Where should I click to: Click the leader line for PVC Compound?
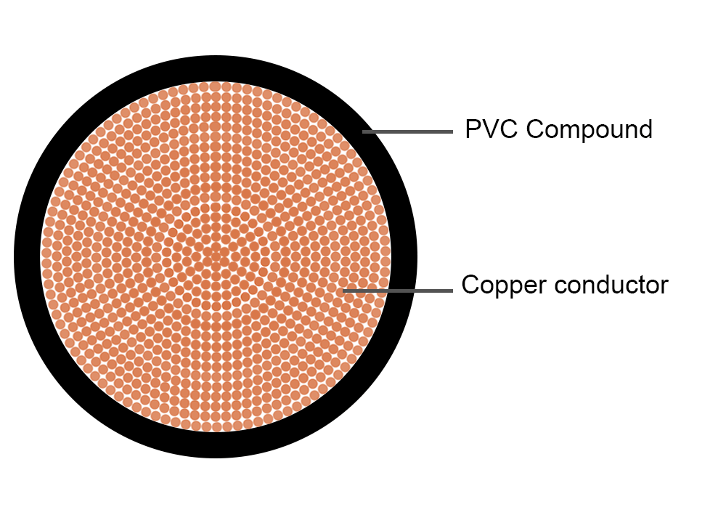tap(407, 131)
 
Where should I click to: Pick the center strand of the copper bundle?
tap(216, 256)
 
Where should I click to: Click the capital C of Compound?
tap(534, 129)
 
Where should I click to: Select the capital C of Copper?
tap(470, 285)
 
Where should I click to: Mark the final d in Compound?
tap(645, 129)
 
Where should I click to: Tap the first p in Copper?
tap(502, 287)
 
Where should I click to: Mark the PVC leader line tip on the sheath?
tap(365, 131)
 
